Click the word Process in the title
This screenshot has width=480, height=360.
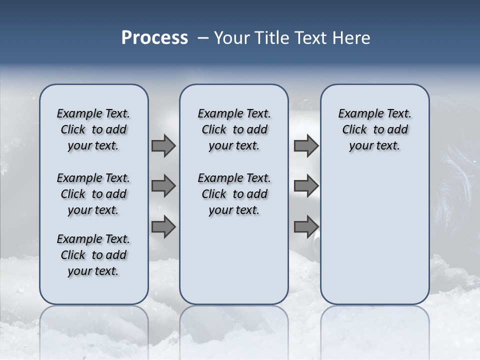(x=154, y=38)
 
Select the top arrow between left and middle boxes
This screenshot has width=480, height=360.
(x=163, y=146)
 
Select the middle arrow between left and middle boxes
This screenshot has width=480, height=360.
(x=163, y=186)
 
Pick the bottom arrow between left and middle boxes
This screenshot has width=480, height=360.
(x=163, y=226)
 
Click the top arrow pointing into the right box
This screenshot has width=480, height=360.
(x=306, y=146)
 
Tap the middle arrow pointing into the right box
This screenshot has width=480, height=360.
(x=306, y=186)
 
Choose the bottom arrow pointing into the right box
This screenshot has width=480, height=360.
(x=306, y=226)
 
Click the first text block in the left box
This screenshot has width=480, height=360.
(x=93, y=129)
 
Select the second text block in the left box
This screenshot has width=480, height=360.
(x=93, y=194)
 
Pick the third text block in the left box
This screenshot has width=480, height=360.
(x=93, y=255)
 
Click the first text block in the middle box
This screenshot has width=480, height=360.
(x=234, y=129)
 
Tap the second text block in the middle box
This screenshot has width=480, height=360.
(x=234, y=194)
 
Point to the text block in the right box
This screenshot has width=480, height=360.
(x=374, y=129)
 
